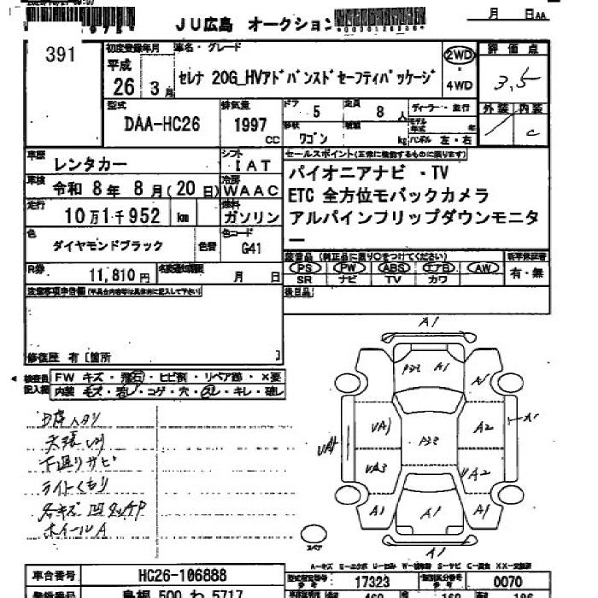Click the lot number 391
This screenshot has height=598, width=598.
pos(62,56)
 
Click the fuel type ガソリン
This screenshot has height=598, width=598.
pos(249,217)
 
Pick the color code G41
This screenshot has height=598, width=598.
pos(250,250)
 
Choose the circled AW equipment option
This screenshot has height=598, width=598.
pos(483,267)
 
